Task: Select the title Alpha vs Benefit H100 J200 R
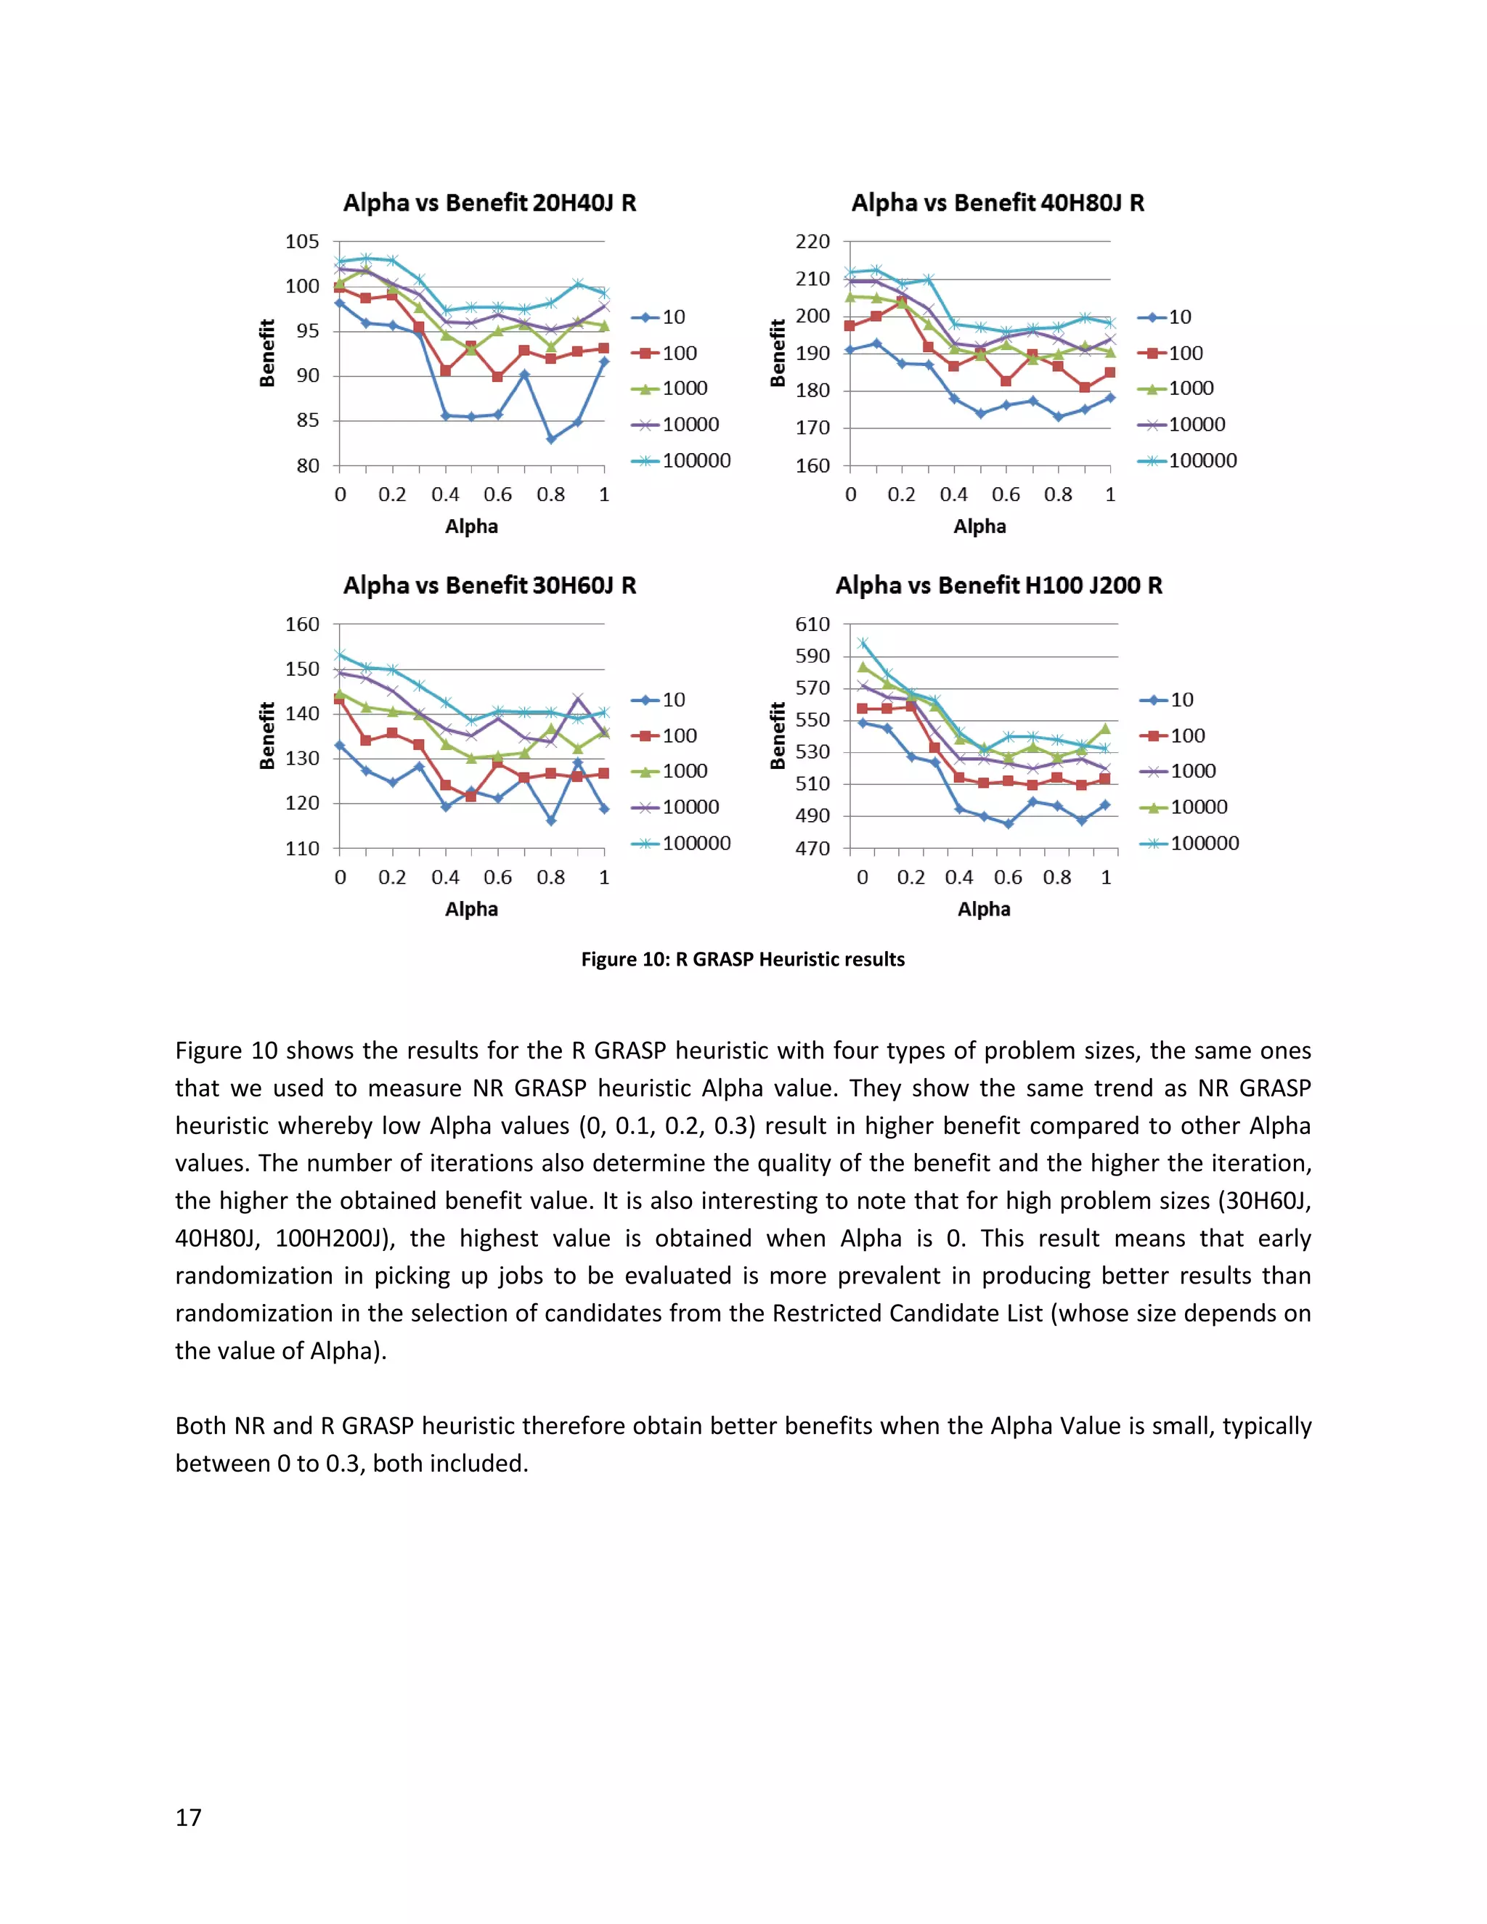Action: click(998, 585)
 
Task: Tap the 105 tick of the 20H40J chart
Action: click(302, 241)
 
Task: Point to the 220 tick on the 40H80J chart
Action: click(812, 241)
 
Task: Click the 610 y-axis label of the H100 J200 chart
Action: click(812, 624)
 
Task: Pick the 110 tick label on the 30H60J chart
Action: click(302, 848)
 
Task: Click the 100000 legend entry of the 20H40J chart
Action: click(696, 461)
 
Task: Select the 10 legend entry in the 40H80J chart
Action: click(1178, 317)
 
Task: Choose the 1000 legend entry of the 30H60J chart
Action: click(685, 771)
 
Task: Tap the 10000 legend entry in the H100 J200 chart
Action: click(1198, 807)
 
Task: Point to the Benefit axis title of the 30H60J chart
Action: click(267, 735)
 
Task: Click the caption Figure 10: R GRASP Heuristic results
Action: click(743, 959)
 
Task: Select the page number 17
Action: click(189, 1817)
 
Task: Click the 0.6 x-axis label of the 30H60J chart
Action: click(497, 878)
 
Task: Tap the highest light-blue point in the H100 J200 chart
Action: click(863, 643)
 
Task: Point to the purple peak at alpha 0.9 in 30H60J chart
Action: click(578, 698)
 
